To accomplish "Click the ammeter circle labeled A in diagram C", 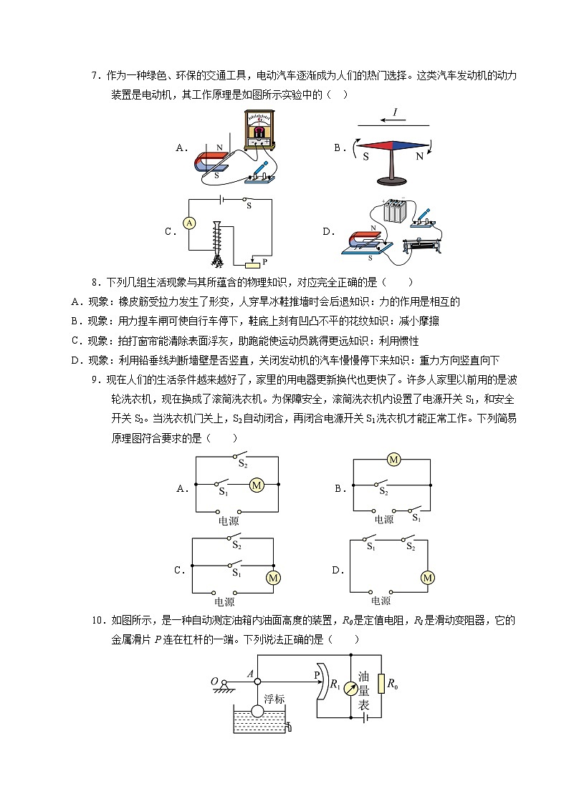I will (x=189, y=223).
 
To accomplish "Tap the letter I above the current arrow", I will (x=394, y=112).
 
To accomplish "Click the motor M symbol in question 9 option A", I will (x=257, y=486).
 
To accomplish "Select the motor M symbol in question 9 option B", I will (x=393, y=460).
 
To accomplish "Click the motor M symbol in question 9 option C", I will (x=273, y=578).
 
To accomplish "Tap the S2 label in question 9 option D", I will (x=410, y=548).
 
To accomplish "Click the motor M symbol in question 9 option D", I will (x=428, y=578).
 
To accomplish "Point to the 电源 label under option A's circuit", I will (x=229, y=521).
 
